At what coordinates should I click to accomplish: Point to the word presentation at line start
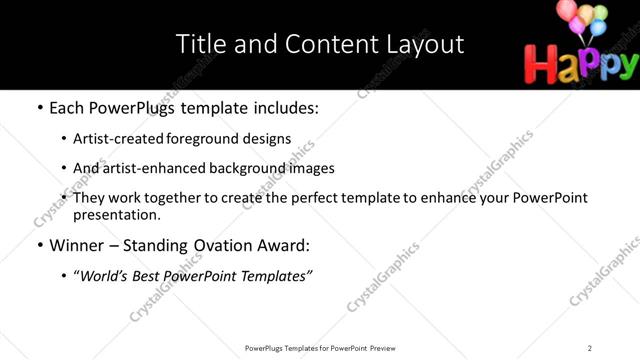114,215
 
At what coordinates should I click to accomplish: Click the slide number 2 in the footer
590,347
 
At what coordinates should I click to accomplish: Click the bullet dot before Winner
39,245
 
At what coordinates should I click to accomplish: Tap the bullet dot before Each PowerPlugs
39,107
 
